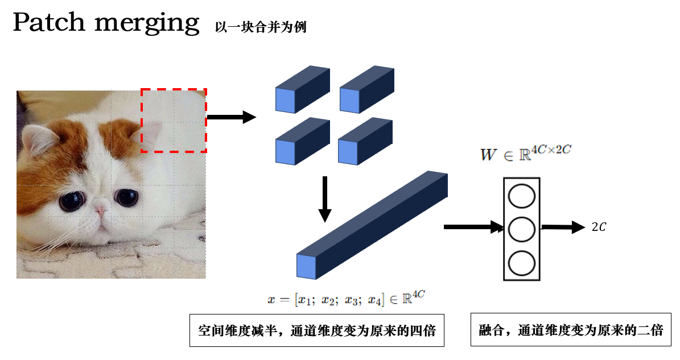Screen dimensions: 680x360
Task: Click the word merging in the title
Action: click(147, 24)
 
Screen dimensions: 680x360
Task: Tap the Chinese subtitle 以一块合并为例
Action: click(261, 27)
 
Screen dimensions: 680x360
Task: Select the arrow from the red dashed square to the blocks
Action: click(232, 117)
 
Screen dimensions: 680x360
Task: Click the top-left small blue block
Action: click(303, 90)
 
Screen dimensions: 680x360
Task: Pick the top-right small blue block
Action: click(367, 90)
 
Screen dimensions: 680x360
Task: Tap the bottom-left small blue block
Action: click(303, 141)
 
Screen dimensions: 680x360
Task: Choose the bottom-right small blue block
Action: click(365, 141)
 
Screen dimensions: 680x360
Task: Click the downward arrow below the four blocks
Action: click(325, 199)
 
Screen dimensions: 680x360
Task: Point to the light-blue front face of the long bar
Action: click(306, 266)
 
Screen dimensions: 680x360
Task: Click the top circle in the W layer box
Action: click(522, 196)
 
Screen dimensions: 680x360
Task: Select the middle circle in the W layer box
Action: click(522, 229)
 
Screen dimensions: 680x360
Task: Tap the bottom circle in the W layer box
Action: click(522, 263)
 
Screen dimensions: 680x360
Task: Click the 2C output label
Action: click(599, 227)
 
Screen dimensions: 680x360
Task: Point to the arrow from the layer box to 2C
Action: click(563, 227)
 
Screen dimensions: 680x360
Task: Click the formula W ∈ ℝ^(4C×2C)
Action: click(526, 153)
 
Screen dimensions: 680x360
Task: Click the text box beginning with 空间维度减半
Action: click(317, 330)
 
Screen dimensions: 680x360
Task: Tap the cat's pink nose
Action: click(101, 212)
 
